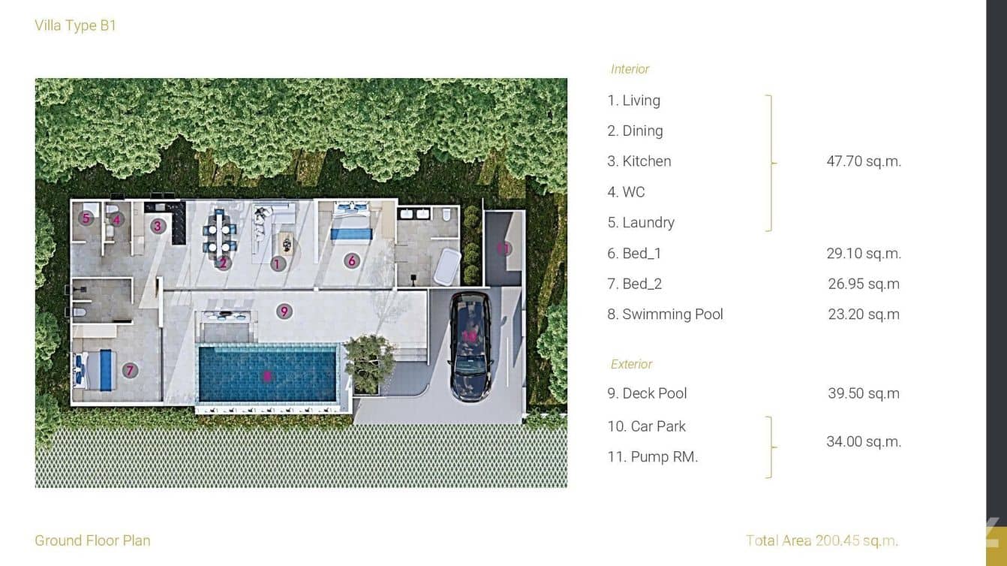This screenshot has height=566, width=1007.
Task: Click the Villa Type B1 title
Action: [76, 26]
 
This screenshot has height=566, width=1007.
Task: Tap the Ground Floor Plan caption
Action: [92, 540]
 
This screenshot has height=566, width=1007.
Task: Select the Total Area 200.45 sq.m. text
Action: [822, 540]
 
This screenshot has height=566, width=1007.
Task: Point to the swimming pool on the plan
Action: [267, 374]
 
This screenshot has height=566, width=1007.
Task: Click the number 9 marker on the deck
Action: [284, 311]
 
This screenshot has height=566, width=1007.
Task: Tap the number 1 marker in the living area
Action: [278, 263]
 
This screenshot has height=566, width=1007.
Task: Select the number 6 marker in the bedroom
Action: [351, 260]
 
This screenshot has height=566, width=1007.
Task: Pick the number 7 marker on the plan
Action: [130, 370]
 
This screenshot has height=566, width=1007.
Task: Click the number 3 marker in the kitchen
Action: [158, 225]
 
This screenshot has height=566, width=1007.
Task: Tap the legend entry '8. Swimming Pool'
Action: [665, 315]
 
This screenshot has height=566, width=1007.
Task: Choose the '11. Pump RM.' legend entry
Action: [653, 457]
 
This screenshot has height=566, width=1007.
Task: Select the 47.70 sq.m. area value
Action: [864, 161]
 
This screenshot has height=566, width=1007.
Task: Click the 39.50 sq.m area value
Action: [864, 393]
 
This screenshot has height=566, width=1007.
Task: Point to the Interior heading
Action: [630, 69]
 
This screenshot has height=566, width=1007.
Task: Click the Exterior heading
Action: [631, 364]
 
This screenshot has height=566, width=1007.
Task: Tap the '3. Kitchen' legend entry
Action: [639, 161]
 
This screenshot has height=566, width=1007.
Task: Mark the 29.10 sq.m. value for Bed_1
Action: [864, 254]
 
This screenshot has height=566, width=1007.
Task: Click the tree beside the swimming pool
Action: [369, 361]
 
